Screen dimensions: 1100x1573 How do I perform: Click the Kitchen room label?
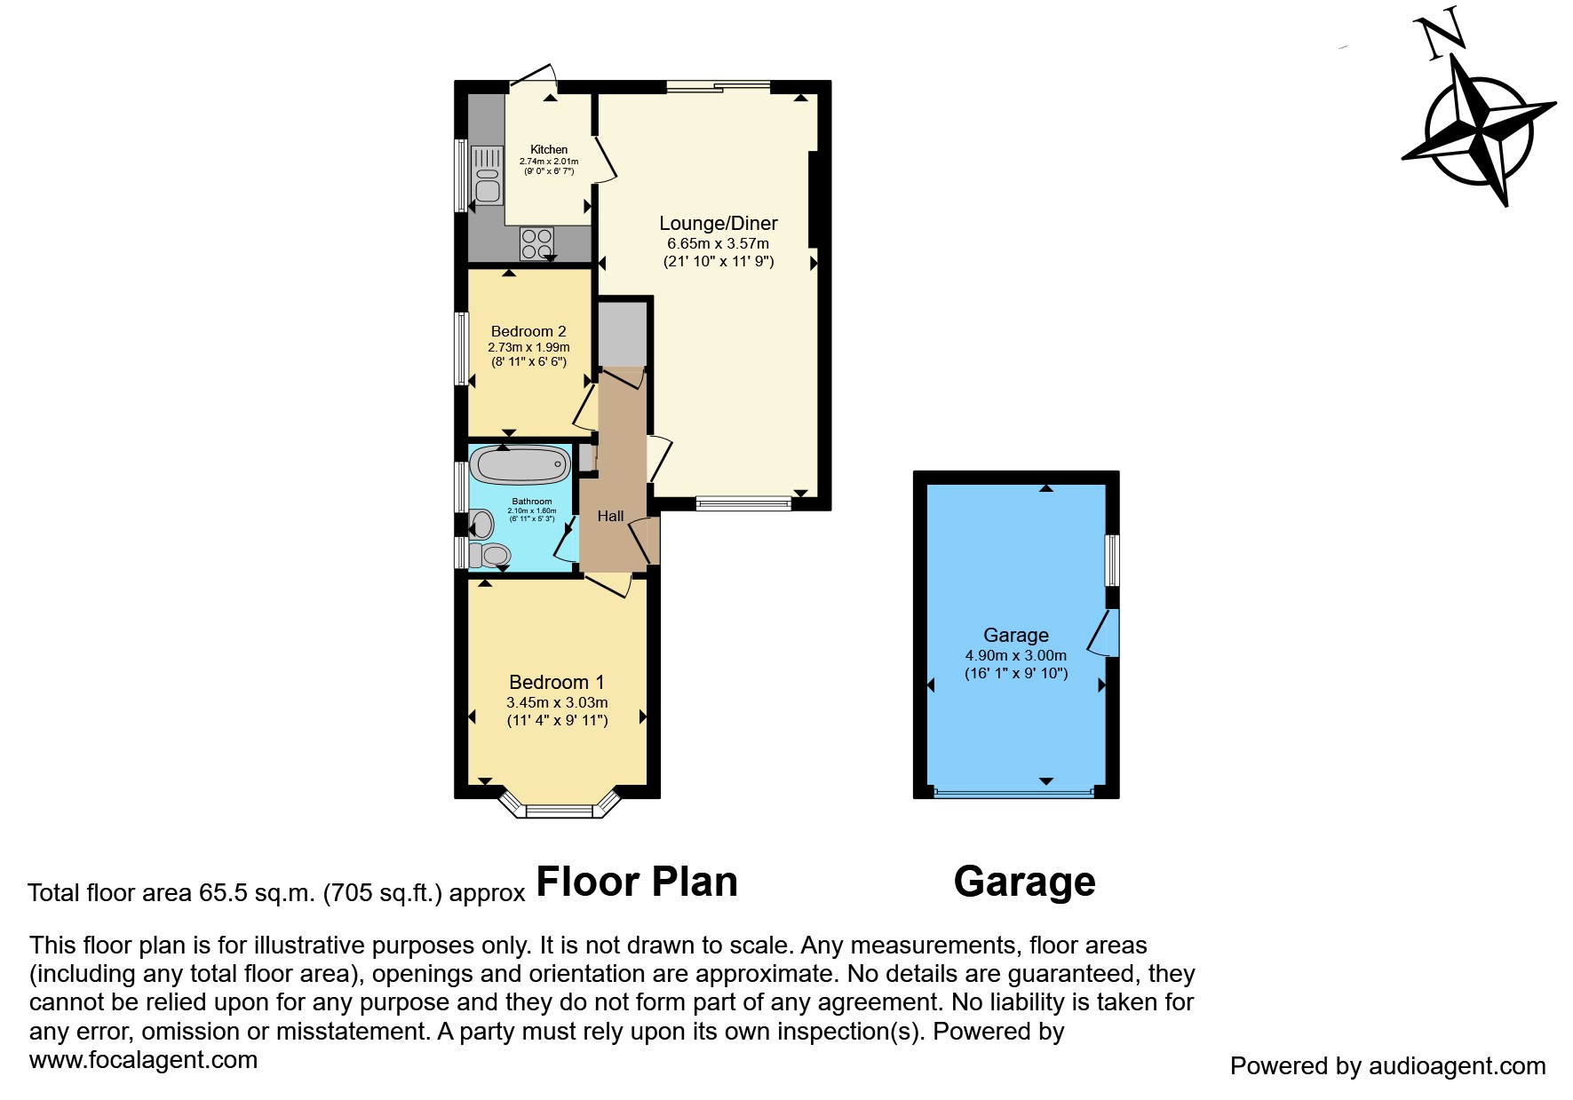click(549, 149)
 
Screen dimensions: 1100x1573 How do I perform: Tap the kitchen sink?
click(487, 175)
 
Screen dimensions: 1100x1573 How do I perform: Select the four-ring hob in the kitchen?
click(536, 242)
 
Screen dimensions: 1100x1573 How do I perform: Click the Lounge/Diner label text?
click(718, 224)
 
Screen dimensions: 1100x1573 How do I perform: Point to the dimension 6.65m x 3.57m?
click(718, 243)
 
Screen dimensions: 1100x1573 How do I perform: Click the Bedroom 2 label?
click(528, 331)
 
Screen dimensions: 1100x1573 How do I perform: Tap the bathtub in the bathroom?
click(520, 464)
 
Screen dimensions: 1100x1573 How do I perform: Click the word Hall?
click(610, 516)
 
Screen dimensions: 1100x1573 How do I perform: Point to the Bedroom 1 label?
click(556, 682)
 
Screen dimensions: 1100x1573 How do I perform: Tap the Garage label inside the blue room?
click(1015, 635)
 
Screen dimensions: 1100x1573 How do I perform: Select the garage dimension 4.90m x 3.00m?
click(1015, 655)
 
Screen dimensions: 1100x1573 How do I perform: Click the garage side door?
click(1105, 633)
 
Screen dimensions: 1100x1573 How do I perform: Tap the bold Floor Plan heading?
click(637, 882)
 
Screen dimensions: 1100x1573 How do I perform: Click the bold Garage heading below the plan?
click(1023, 882)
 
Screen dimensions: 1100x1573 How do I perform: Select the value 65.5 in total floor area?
click(222, 892)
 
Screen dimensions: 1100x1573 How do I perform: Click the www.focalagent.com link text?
click(143, 1059)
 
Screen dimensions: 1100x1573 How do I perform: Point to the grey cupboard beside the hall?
click(623, 334)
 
